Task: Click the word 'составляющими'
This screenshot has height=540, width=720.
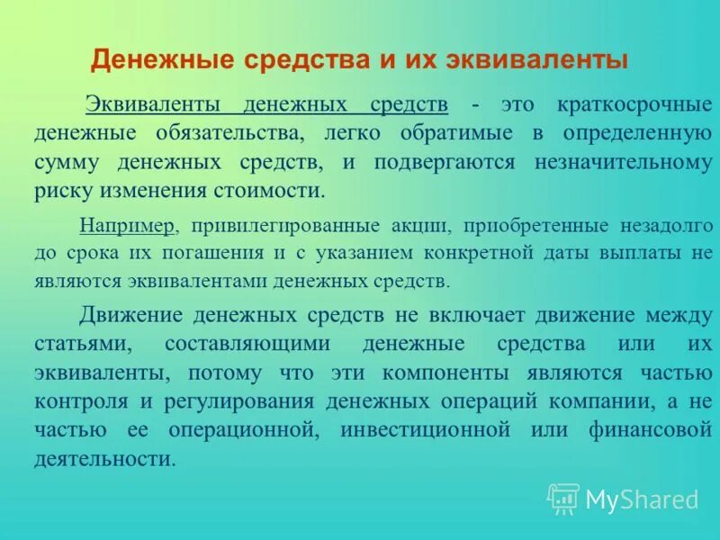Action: [250, 345]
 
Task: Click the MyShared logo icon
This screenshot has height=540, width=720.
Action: [563, 498]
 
